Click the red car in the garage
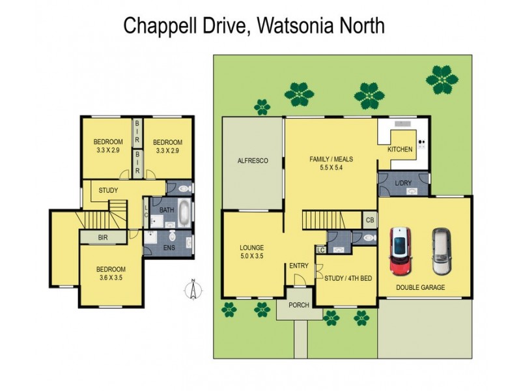click(x=399, y=252)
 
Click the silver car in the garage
click(x=440, y=252)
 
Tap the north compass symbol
click(x=193, y=289)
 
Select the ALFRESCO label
click(x=253, y=160)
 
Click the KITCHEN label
click(x=400, y=149)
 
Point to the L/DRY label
click(x=404, y=183)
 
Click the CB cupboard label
click(x=369, y=220)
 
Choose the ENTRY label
click(x=299, y=265)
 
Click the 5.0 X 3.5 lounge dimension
click(x=251, y=256)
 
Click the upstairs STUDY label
click(x=108, y=191)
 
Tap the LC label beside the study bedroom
click(x=320, y=250)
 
